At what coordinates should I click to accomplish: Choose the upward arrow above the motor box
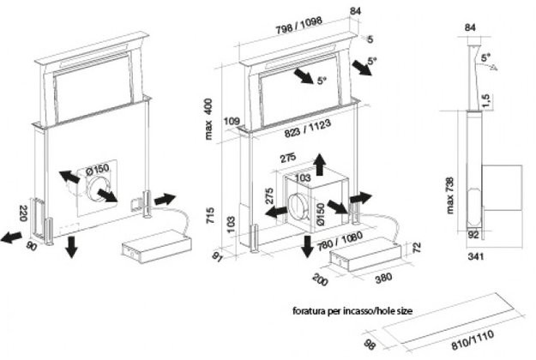(319, 163)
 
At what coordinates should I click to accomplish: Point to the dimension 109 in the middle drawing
(229, 121)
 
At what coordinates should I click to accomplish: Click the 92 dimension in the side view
(472, 231)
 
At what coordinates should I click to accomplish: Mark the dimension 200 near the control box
(321, 280)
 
